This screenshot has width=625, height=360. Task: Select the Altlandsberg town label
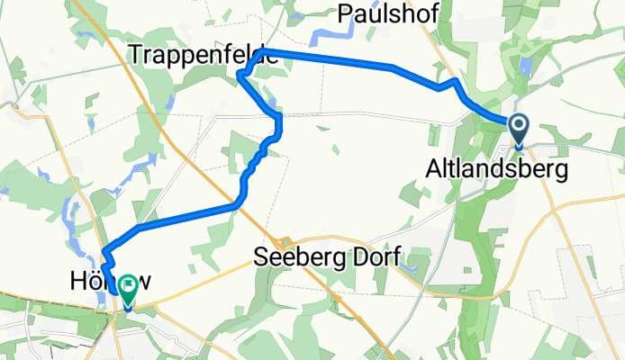click(x=498, y=168)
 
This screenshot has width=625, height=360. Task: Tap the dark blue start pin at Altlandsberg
click(x=519, y=128)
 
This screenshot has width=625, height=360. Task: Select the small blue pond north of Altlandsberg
click(x=525, y=67)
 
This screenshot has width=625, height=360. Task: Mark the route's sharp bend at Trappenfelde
click(x=240, y=76)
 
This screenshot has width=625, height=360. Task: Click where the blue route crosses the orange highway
click(x=237, y=205)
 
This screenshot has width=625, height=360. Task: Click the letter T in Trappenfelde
click(x=137, y=54)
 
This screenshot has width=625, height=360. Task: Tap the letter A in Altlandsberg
click(x=433, y=168)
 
